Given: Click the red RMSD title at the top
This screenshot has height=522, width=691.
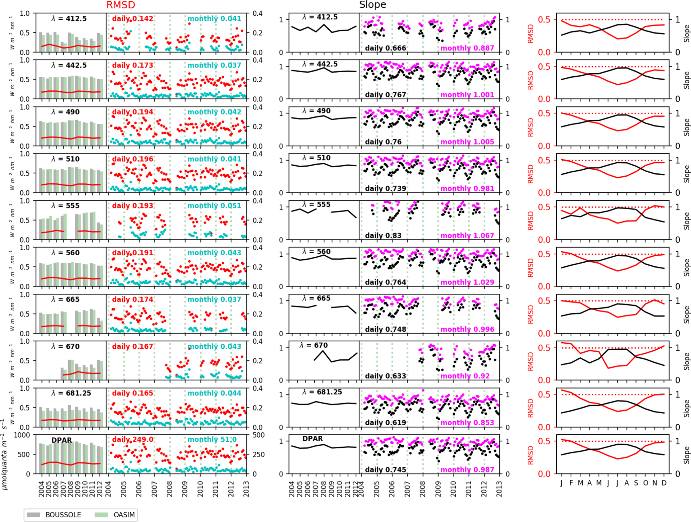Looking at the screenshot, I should coord(121,5).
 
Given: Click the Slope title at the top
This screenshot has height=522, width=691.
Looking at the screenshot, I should coord(372,5).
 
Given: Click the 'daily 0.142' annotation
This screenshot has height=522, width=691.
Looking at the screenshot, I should coord(133,19).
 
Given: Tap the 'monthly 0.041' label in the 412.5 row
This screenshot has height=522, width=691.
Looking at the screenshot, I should coord(214,19).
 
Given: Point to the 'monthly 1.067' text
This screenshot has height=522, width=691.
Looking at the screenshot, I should coord(467,236).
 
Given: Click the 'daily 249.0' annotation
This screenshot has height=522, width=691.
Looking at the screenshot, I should coord(133,439).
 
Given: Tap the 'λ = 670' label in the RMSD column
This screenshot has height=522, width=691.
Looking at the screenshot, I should coord(66,347).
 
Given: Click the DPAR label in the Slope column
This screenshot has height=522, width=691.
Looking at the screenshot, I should coord(313,439).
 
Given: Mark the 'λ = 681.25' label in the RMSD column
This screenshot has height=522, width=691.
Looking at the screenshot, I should coord(71,393).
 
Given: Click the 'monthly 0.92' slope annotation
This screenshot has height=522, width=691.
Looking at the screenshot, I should coord(465,376).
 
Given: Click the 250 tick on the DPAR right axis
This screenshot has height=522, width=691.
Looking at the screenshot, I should coord(259,455).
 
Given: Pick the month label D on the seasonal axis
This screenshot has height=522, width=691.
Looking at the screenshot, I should coord(664,483).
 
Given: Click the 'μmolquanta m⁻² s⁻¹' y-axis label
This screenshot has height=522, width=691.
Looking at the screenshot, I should coord(5,454).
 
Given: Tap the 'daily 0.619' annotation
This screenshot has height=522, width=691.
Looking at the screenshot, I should coord(385,423).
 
